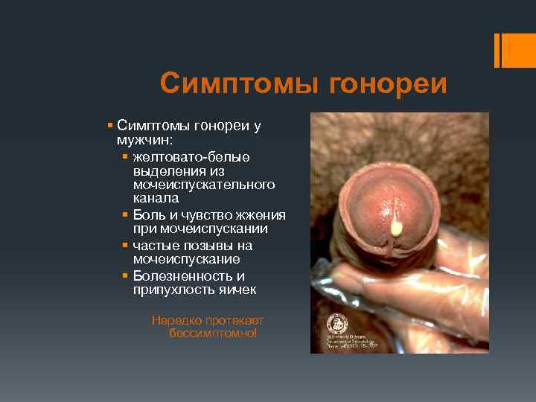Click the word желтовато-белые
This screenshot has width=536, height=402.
tap(191, 156)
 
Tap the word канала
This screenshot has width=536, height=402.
tap(156, 198)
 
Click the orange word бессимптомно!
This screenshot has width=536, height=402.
tap(213, 334)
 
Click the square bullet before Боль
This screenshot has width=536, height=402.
tap(125, 215)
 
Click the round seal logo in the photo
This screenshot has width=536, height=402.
tap(337, 324)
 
